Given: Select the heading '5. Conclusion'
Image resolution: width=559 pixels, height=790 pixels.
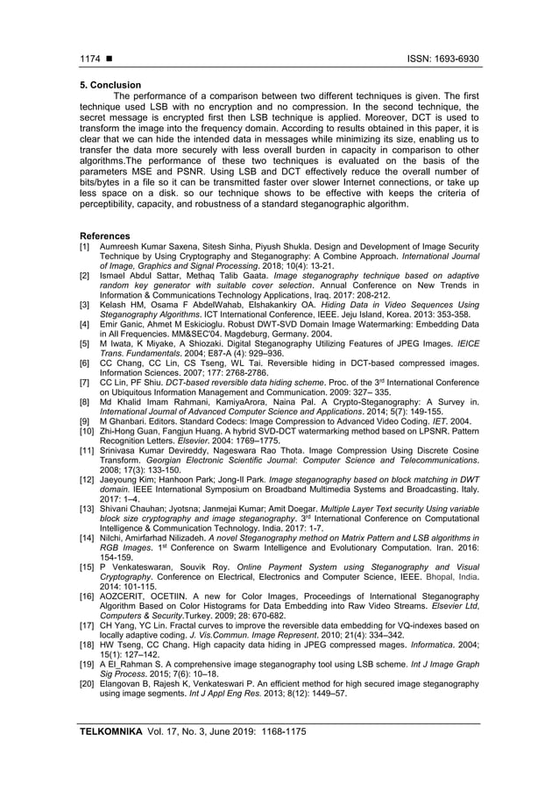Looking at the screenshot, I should coord(111,85).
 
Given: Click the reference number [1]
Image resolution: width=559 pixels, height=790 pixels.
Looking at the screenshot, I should coord(85,247).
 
